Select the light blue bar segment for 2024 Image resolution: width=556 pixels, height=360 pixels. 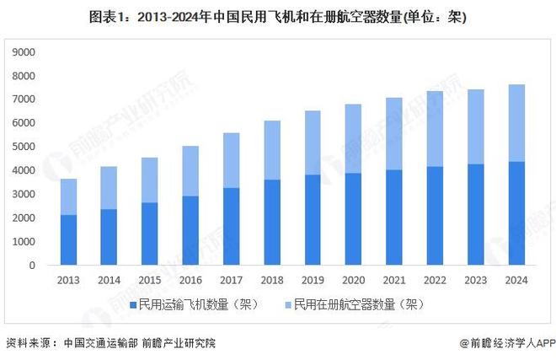click(516, 123)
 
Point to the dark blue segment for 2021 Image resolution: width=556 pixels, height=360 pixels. click(393, 217)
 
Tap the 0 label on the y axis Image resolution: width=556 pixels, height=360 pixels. click(32, 265)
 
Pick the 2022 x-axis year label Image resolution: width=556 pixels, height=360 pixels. click(435, 279)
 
